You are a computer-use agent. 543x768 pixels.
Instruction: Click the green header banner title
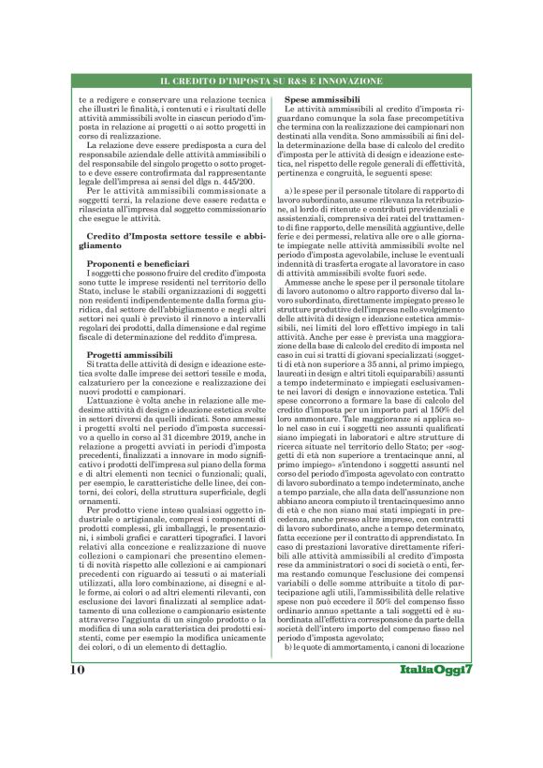[271, 82]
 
